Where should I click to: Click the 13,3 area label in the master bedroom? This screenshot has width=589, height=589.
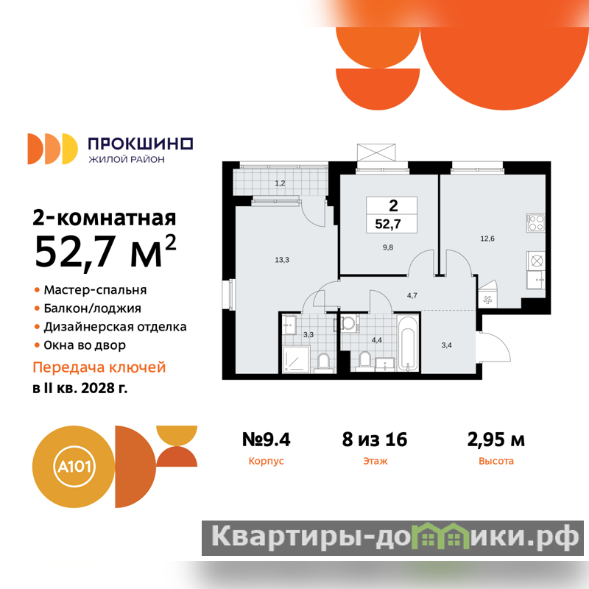click(x=282, y=260)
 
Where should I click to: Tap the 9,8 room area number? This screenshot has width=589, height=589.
click(x=388, y=247)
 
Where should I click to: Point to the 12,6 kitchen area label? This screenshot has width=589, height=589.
click(x=487, y=238)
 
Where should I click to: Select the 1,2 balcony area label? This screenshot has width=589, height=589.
click(x=280, y=183)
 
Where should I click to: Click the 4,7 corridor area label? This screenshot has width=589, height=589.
click(x=412, y=295)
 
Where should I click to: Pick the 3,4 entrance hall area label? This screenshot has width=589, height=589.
click(x=446, y=345)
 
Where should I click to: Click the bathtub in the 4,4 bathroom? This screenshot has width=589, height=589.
click(x=408, y=343)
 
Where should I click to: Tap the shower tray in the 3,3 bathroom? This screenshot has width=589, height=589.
click(x=296, y=359)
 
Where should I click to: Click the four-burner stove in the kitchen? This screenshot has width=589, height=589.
click(x=535, y=222)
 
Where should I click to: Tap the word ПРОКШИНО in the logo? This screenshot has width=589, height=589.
click(x=141, y=144)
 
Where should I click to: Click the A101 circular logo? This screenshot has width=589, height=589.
click(x=74, y=467)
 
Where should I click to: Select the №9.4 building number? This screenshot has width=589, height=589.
click(x=266, y=439)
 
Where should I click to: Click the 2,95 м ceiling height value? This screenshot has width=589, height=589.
click(x=495, y=439)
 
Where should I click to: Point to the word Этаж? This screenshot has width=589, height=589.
click(x=375, y=461)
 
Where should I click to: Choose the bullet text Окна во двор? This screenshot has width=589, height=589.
click(x=85, y=345)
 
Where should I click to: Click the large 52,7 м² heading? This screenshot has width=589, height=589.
click(x=105, y=250)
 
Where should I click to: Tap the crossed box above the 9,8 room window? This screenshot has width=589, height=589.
click(x=376, y=152)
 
